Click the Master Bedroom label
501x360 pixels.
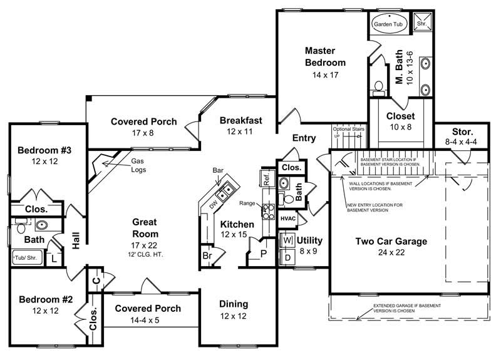coord(325,56)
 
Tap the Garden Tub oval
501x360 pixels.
coord(389,23)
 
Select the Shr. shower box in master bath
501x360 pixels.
coord(423,23)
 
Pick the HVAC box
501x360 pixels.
coord(287,218)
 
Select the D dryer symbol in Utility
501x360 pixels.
coord(288,257)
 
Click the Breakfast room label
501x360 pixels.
coord(240,120)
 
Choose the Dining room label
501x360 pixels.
coord(233,304)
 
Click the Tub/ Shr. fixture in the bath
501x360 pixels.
coord(26,255)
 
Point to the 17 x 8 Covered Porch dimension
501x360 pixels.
coord(143,133)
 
